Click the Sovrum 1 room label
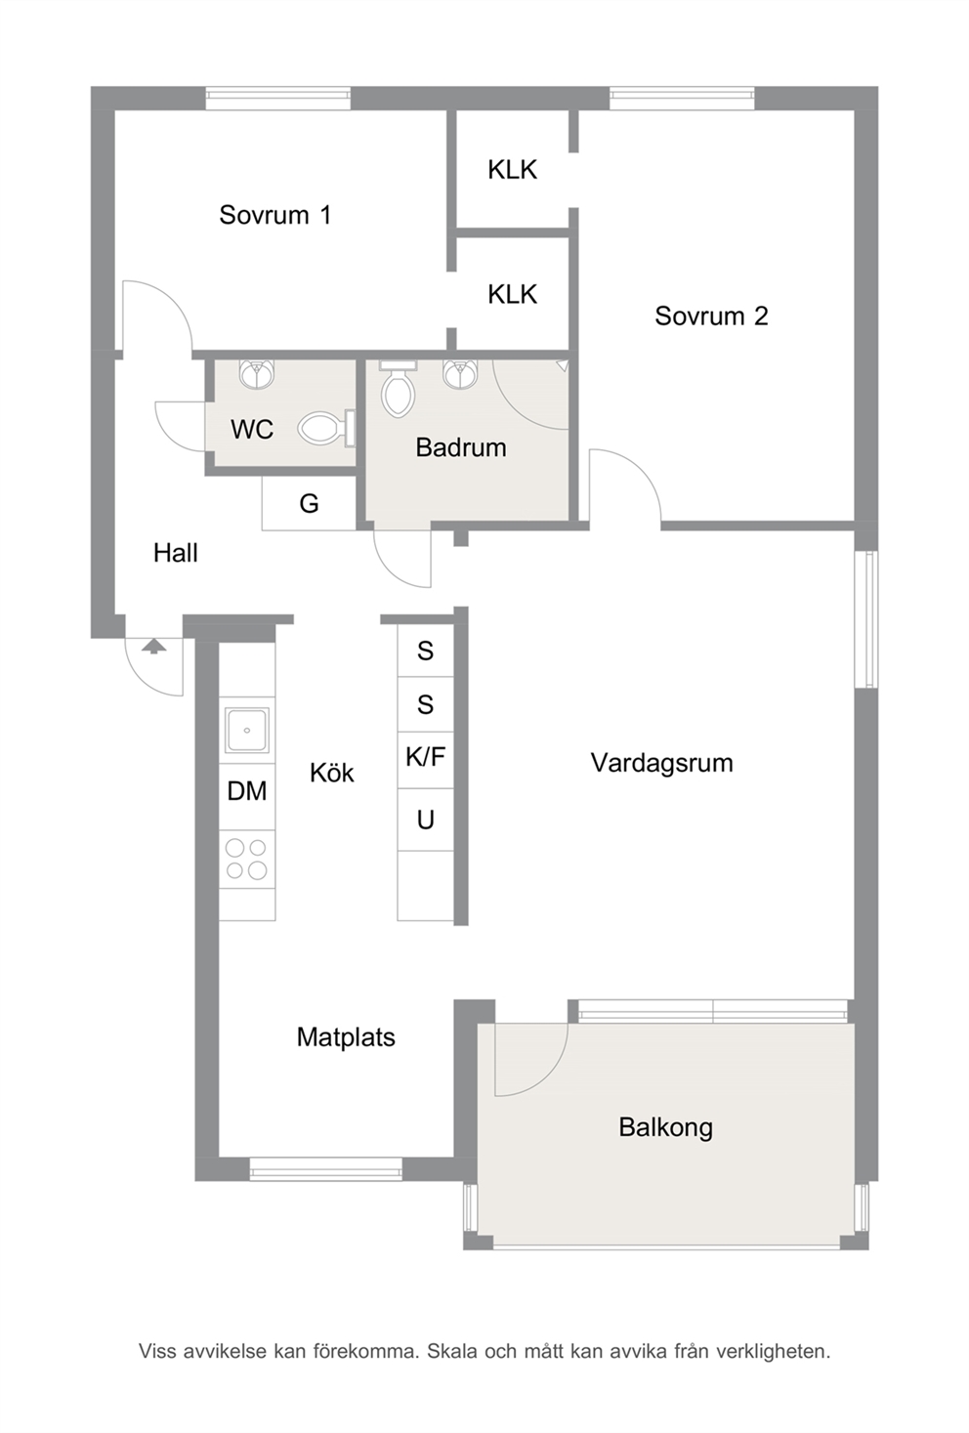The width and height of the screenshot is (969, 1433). (x=275, y=215)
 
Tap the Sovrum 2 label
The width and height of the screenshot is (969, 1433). (x=711, y=316)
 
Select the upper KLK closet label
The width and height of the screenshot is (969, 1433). (x=512, y=170)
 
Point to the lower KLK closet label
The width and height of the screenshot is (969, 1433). (x=512, y=294)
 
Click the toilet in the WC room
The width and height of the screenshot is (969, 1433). (x=326, y=428)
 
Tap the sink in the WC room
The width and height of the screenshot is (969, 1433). (x=257, y=374)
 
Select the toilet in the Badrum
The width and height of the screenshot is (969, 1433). (x=398, y=389)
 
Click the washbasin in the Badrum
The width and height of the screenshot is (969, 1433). (x=460, y=374)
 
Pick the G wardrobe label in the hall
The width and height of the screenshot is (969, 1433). (x=309, y=504)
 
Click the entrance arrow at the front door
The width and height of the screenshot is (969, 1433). (x=153, y=646)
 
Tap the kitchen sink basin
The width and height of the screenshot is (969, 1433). (x=247, y=730)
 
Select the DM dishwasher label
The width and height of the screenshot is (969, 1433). (x=247, y=791)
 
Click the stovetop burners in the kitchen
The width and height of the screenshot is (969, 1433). (x=247, y=860)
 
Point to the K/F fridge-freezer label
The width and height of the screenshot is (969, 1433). (x=425, y=757)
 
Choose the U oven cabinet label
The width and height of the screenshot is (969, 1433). (x=425, y=820)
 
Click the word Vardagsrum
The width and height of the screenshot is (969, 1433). (x=662, y=763)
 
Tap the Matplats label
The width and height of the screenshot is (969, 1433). (x=346, y=1037)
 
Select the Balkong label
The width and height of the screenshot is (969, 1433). (x=666, y=1127)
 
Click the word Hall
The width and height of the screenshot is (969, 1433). (x=175, y=553)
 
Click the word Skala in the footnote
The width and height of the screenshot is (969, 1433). (x=453, y=1352)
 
